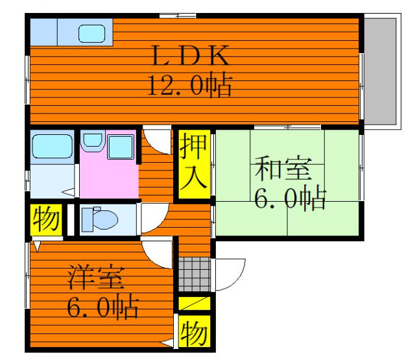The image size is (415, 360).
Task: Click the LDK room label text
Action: coord(190,55)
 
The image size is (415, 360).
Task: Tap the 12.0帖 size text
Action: coord(190,85)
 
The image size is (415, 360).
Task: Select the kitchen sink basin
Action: coord(91,34)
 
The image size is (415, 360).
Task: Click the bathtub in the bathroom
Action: coord(53,147)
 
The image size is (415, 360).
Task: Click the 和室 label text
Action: coord(283,169)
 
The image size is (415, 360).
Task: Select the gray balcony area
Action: coord(381,71)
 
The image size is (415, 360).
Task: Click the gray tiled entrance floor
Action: coord(195,274)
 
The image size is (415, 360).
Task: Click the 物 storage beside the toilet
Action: coord(46,219)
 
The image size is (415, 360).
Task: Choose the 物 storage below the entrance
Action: coord(195,331)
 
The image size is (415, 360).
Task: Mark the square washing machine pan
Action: coord(121,147)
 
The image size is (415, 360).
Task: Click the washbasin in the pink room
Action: coord(93,141)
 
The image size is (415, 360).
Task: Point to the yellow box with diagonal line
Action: coord(195,304)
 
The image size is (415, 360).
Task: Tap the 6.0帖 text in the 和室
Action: coord(290,197)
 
